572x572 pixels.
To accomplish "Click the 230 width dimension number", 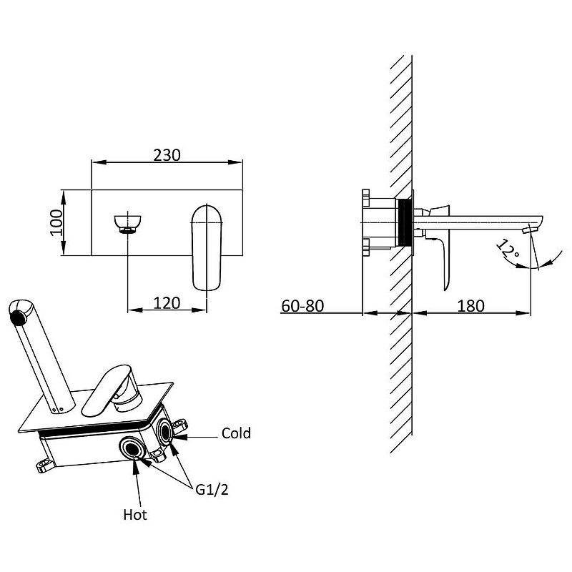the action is point(167,155).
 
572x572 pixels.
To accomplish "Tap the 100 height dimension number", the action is point(56,222).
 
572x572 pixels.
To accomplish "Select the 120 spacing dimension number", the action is point(167,303).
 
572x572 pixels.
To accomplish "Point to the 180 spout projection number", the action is point(471,306).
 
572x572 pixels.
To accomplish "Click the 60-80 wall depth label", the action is point(302,306).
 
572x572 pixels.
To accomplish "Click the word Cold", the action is point(236,433).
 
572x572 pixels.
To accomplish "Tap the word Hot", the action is point(135,515).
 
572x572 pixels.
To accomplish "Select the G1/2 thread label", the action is point(212,490).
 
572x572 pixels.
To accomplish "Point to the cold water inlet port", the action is point(165,432).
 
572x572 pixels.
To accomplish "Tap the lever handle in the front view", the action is point(207,248).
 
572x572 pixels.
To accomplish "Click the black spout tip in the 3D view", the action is point(18,317).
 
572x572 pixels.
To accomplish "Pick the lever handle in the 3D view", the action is point(112,390).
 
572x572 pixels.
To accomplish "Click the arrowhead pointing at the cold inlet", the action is point(179,436).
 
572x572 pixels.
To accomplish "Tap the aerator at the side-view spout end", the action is point(530,229).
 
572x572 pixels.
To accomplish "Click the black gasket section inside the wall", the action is point(404,222).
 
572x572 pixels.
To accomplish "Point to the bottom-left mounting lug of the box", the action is point(45,465).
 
